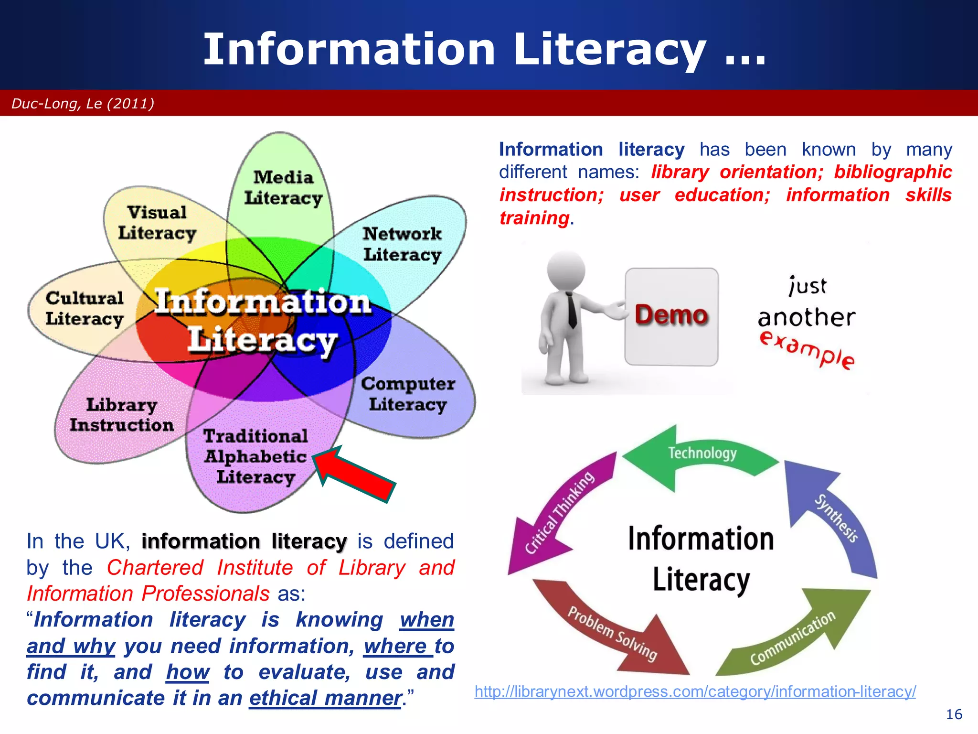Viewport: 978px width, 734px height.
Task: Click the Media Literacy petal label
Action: pos(283,188)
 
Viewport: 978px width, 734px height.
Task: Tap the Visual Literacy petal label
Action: pos(157,223)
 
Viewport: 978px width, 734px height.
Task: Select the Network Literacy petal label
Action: pos(402,244)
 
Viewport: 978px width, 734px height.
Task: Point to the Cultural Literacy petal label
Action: pos(85,308)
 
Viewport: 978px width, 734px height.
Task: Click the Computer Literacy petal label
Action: pos(408,394)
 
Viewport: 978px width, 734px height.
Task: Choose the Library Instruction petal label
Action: pos(122,415)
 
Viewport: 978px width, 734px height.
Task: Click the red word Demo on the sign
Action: pos(671,315)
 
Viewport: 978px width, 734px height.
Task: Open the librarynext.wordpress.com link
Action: pos(695,691)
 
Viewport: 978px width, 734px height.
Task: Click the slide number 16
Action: pos(954,714)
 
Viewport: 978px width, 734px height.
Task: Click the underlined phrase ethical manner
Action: pos(325,698)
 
